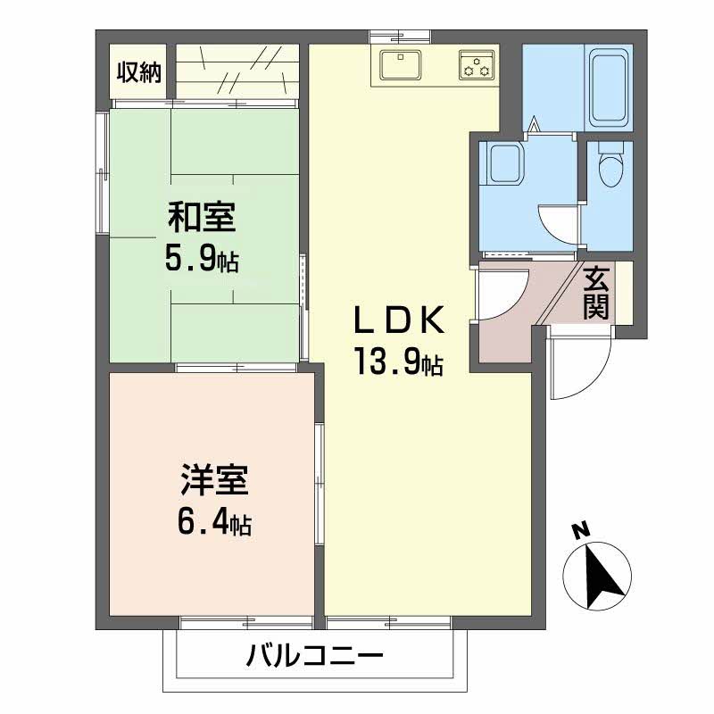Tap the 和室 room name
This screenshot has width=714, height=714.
[x=202, y=217]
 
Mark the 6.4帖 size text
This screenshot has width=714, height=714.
[x=213, y=522]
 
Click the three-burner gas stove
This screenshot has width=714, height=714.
[x=477, y=65]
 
